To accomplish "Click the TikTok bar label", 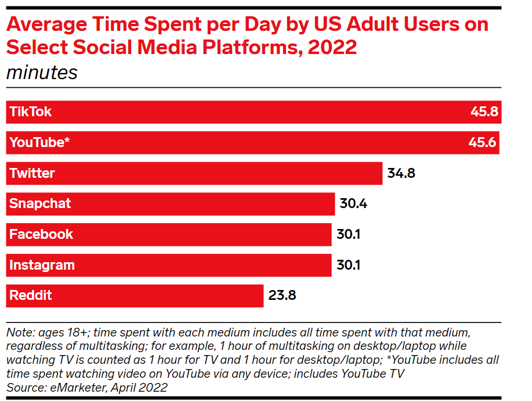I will [30, 112].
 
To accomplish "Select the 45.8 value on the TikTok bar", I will [484, 112].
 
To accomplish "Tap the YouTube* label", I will [39, 142].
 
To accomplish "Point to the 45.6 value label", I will [483, 142].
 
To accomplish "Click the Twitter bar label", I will [32, 173].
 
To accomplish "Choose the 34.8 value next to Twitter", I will [401, 173].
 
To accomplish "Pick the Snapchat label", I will [40, 204].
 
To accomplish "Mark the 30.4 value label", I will [353, 204].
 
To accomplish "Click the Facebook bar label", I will [41, 234].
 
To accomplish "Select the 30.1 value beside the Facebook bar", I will [349, 234].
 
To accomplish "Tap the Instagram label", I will [42, 265].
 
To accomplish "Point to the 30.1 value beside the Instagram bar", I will [349, 265].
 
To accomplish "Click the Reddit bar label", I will [31, 295].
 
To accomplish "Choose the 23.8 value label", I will [282, 295].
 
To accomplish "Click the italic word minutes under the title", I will [41, 73].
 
